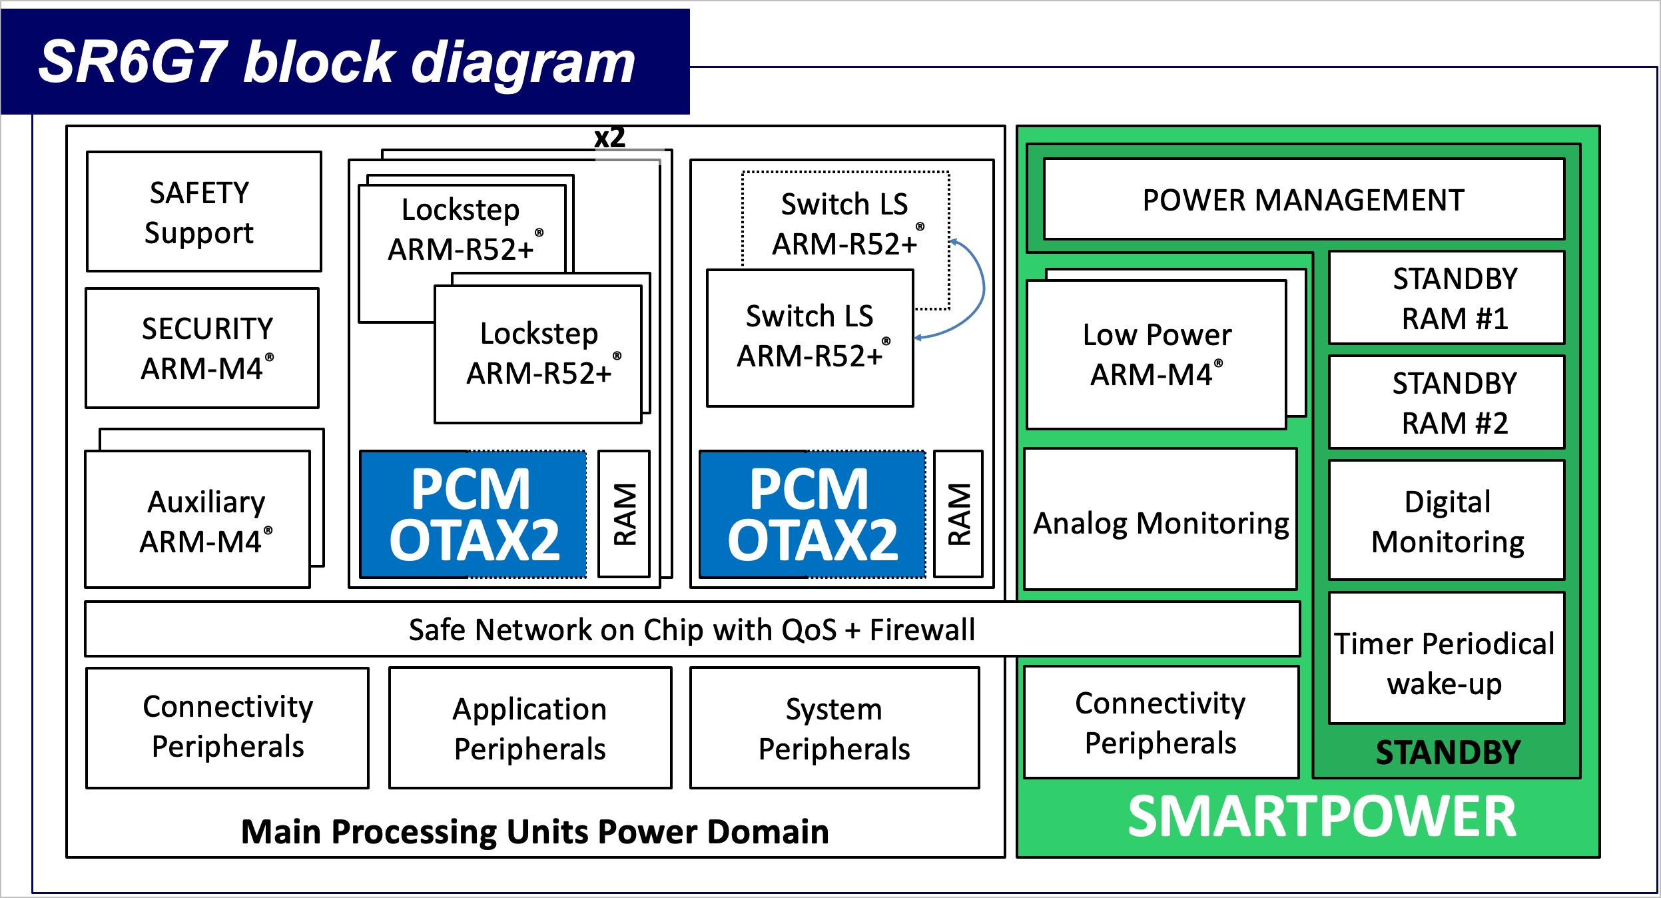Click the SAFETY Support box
pyautogui.click(x=204, y=212)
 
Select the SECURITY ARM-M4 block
pyautogui.click(x=202, y=348)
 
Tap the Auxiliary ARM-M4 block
pyautogui.click(x=198, y=520)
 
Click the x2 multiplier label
pyautogui.click(x=609, y=138)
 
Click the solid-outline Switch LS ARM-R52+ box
pyautogui.click(x=810, y=337)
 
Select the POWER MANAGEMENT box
pyautogui.click(x=1303, y=199)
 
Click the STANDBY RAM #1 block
pyautogui.click(x=1447, y=297)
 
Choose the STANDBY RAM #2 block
pyautogui.click(x=1447, y=402)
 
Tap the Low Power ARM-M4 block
pyautogui.click(x=1156, y=354)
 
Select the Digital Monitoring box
pyautogui.click(x=1447, y=520)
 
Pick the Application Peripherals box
pyautogui.click(x=530, y=728)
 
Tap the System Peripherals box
pyautogui.click(x=834, y=728)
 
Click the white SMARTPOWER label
pyautogui.click(x=1321, y=817)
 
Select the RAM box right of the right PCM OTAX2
pyautogui.click(x=958, y=514)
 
